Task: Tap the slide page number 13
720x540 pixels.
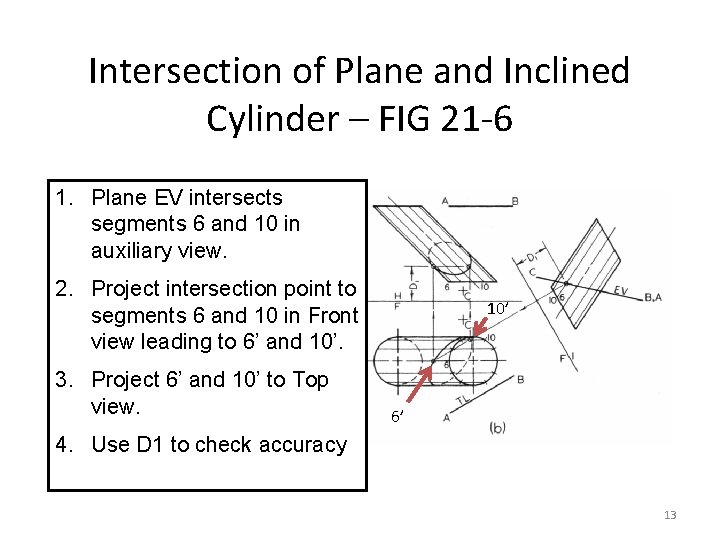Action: tap(669, 515)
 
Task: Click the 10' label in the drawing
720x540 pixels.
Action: tap(497, 309)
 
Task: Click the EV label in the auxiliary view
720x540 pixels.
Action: tap(621, 291)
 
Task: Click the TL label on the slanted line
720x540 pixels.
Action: tap(460, 400)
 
